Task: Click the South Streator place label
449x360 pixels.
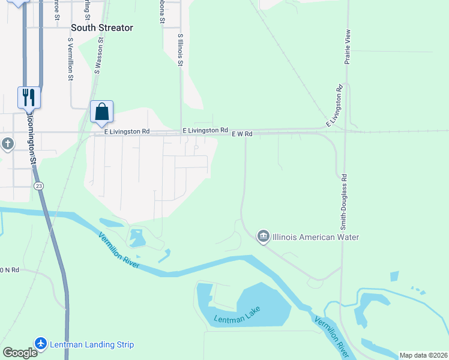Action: (102, 28)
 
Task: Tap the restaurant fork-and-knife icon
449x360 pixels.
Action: (29, 97)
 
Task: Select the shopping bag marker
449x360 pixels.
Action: (101, 112)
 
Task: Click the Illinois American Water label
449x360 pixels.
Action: (316, 237)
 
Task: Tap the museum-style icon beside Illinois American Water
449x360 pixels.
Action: (263, 237)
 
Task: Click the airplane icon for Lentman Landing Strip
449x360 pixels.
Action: (41, 344)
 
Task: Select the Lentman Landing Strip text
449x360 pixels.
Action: (92, 344)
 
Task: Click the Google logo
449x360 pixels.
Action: (20, 353)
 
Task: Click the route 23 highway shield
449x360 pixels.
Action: (39, 186)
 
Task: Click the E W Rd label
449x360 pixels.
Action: (242, 134)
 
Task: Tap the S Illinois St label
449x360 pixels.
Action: (180, 49)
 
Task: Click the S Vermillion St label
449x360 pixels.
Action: (70, 59)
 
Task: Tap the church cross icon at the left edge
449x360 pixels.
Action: (7, 144)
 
